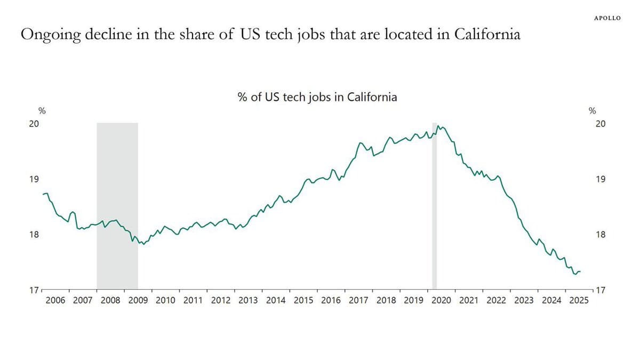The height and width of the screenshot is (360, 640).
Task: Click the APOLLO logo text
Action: point(607,18)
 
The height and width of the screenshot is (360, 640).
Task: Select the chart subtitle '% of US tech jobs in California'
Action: point(317,97)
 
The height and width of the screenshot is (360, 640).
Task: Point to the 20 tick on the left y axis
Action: point(34,124)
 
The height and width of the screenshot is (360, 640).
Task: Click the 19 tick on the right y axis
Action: point(600,179)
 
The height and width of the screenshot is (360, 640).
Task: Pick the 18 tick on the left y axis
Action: point(34,235)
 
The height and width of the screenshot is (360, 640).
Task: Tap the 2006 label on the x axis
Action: point(55,301)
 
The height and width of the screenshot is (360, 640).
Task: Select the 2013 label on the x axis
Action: point(248,301)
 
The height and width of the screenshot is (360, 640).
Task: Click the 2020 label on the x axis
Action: point(441,301)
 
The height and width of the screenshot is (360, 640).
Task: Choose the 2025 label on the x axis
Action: point(579,301)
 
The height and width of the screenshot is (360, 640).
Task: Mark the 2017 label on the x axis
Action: point(358,301)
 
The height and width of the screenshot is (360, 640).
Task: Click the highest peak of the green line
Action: point(437,126)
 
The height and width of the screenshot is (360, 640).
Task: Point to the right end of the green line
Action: point(580,271)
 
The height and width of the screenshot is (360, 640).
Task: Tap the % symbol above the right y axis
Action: point(592,111)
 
